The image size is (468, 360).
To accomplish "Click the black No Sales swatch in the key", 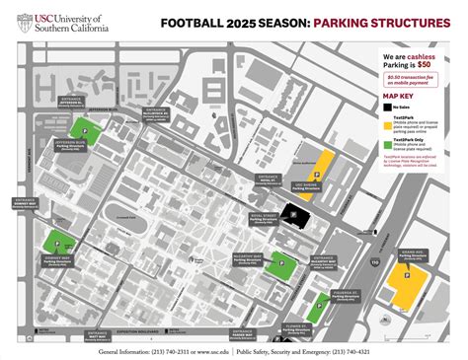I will point(388,107).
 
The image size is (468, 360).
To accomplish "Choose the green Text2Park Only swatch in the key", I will point(388,144).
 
